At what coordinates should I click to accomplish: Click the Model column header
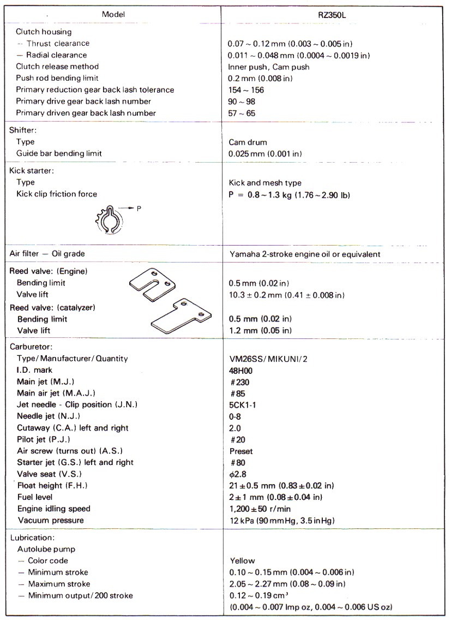tap(113, 14)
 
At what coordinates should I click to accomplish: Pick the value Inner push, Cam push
tap(269, 67)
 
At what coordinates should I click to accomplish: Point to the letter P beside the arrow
tap(139, 208)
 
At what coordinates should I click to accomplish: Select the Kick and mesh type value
tap(265, 183)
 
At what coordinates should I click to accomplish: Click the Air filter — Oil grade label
tap(47, 254)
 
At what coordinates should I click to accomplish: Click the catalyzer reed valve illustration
tap(178, 317)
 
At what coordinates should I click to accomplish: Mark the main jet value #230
tap(238, 381)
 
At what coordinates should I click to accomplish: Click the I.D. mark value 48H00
tap(240, 370)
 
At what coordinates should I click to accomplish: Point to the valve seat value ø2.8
tap(238, 474)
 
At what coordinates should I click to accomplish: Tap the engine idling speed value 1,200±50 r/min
tap(266, 509)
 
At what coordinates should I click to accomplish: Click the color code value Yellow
tap(242, 561)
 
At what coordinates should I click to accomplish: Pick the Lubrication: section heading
tap(32, 538)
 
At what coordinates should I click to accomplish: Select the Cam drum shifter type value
tap(248, 142)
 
